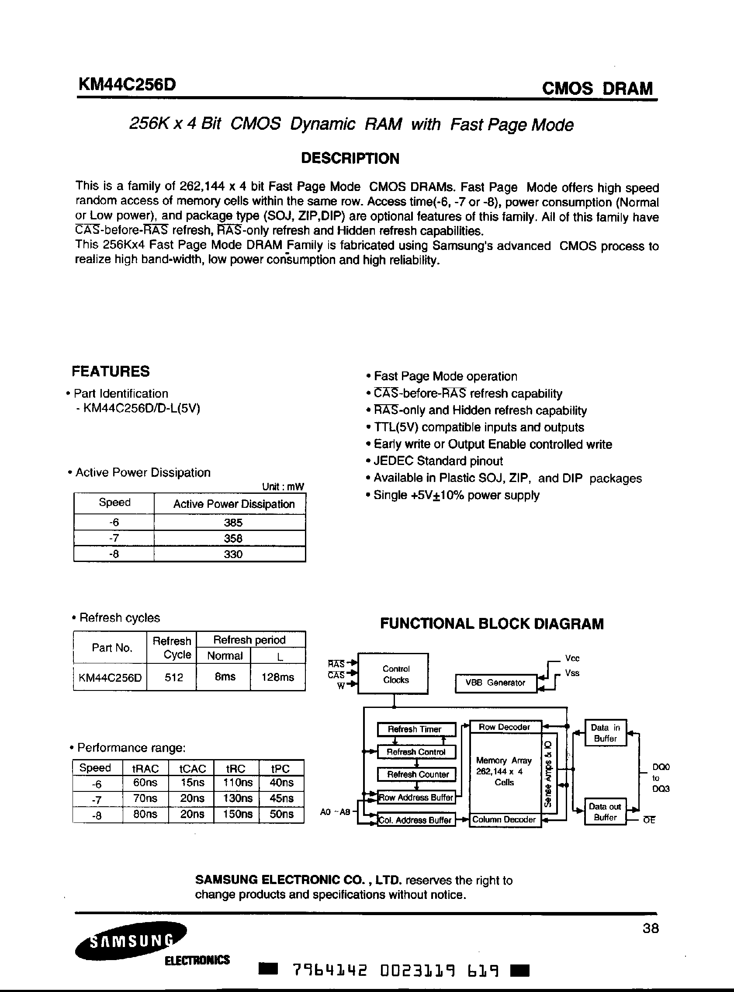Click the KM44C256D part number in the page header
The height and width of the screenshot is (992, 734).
click(x=127, y=84)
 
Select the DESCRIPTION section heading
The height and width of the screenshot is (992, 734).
click(x=350, y=158)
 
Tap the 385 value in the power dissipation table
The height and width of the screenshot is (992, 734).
click(x=233, y=522)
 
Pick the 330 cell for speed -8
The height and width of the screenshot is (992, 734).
click(x=233, y=554)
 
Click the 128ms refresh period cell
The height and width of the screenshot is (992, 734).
click(x=278, y=677)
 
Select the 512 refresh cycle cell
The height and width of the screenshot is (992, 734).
click(x=174, y=677)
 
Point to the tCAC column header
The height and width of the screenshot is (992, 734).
click(x=192, y=768)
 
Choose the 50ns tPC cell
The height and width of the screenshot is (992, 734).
click(x=281, y=814)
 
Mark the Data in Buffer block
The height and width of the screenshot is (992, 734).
click(x=605, y=733)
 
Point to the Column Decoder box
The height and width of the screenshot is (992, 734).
click(x=504, y=819)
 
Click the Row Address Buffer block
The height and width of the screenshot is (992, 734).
click(x=416, y=798)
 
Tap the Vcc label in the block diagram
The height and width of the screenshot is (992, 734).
click(x=572, y=658)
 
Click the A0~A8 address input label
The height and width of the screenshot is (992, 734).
click(x=335, y=812)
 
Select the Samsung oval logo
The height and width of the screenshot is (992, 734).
click(x=131, y=940)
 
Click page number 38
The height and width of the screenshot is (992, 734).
click(x=651, y=928)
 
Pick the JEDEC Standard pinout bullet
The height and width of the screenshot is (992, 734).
click(x=438, y=461)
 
